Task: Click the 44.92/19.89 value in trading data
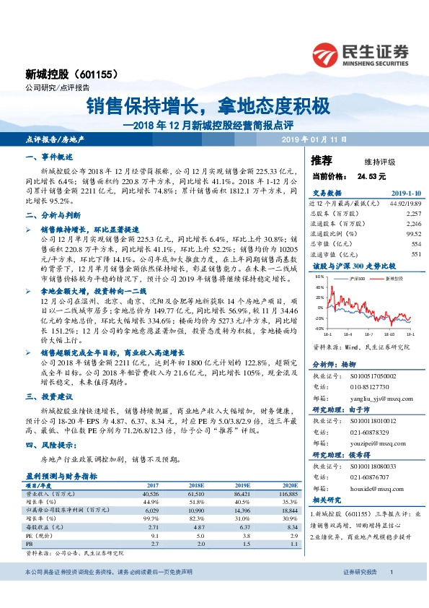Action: [390, 204]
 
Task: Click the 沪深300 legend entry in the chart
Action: [354, 277]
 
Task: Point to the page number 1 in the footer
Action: [391, 572]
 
